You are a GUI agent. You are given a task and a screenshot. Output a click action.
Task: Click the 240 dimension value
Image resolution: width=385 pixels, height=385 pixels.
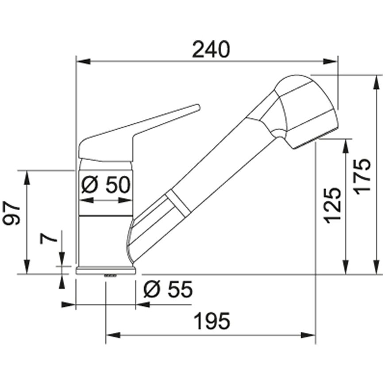point(211,50)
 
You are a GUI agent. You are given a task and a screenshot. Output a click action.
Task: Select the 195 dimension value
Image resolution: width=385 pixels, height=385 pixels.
point(212,321)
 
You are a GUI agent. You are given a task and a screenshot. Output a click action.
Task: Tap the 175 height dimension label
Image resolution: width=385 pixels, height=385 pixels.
point(361,177)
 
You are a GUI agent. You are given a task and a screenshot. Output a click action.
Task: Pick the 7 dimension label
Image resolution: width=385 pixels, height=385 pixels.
point(48,238)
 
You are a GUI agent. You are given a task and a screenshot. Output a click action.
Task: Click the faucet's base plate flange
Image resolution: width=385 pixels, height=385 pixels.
point(106,271)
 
